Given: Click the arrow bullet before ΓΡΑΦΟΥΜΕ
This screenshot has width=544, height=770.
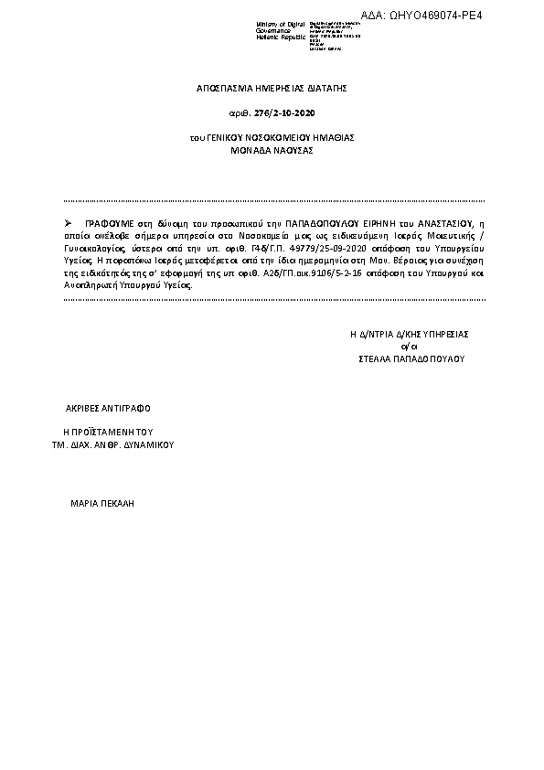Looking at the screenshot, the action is coord(70,222).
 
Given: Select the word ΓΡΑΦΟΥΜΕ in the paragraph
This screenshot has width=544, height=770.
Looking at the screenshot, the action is coord(111,222).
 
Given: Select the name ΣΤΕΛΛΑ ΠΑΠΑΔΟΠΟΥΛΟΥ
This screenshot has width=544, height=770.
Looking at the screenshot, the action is coord(411,359).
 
